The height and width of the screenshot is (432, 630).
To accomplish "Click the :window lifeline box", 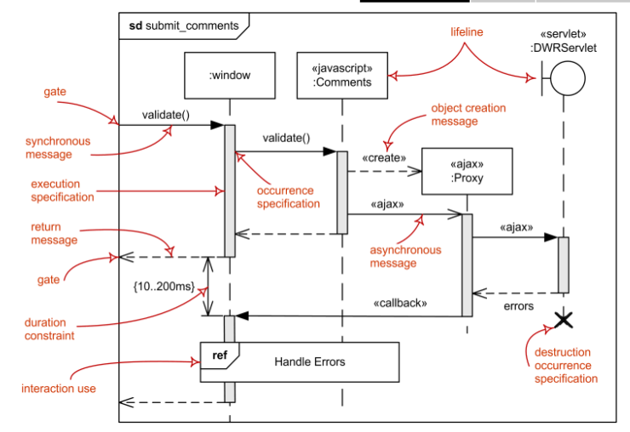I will tap(229, 76).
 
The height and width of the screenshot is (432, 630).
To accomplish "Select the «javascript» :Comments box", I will tap(342, 76).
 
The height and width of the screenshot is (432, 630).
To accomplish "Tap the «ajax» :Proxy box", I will tap(467, 172).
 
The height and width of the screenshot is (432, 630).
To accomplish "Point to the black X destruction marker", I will tap(563, 321).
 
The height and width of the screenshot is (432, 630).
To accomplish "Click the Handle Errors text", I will tap(310, 361).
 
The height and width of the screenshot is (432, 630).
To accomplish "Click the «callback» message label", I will tap(400, 303).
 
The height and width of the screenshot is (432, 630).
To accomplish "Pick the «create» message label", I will tap(384, 158).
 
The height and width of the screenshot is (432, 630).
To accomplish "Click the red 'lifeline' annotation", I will tap(467, 31).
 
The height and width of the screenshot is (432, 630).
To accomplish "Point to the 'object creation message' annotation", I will tap(468, 115).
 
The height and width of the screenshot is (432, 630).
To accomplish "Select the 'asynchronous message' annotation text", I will tap(405, 257).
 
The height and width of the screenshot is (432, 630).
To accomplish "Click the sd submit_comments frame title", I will tap(185, 26).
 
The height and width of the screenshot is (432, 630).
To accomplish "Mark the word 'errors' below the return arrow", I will tap(518, 304).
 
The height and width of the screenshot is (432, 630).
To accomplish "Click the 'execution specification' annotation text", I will tap(62, 190).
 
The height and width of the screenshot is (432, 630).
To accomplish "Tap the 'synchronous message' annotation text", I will tap(58, 148).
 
